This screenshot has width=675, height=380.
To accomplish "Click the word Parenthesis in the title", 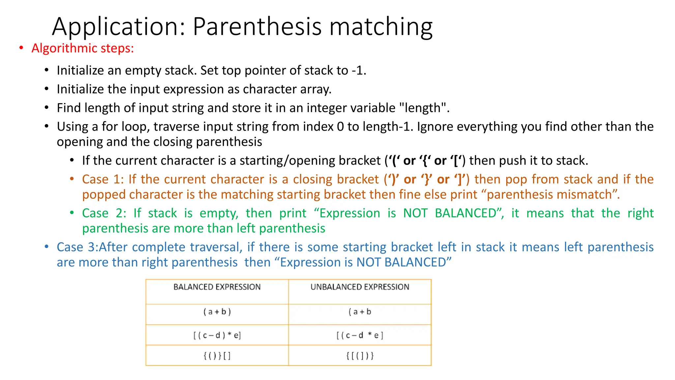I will pyautogui.click(x=257, y=26).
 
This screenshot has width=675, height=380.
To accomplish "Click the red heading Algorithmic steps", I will pyautogui.click(x=82, y=48).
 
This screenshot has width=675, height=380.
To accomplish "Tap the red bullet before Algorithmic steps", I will pyautogui.click(x=21, y=48).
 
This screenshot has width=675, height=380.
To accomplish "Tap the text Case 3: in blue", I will pyautogui.click(x=77, y=247).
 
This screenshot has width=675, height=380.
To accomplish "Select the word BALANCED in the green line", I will pyautogui.click(x=466, y=213).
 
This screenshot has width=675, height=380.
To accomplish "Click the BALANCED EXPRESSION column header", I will pyautogui.click(x=217, y=287).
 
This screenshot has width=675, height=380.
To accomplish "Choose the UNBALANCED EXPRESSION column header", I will pyautogui.click(x=360, y=287).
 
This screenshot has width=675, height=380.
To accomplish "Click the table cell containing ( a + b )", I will pyautogui.click(x=217, y=312).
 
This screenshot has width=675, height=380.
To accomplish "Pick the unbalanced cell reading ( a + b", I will pyautogui.click(x=360, y=312).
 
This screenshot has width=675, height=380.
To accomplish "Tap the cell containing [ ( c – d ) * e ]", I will pyautogui.click(x=217, y=335).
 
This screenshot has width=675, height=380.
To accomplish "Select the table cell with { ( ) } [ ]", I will pyautogui.click(x=217, y=356).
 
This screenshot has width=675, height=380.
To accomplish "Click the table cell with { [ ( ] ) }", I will pyautogui.click(x=360, y=356).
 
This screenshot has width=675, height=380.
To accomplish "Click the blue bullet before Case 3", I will pyautogui.click(x=47, y=247).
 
